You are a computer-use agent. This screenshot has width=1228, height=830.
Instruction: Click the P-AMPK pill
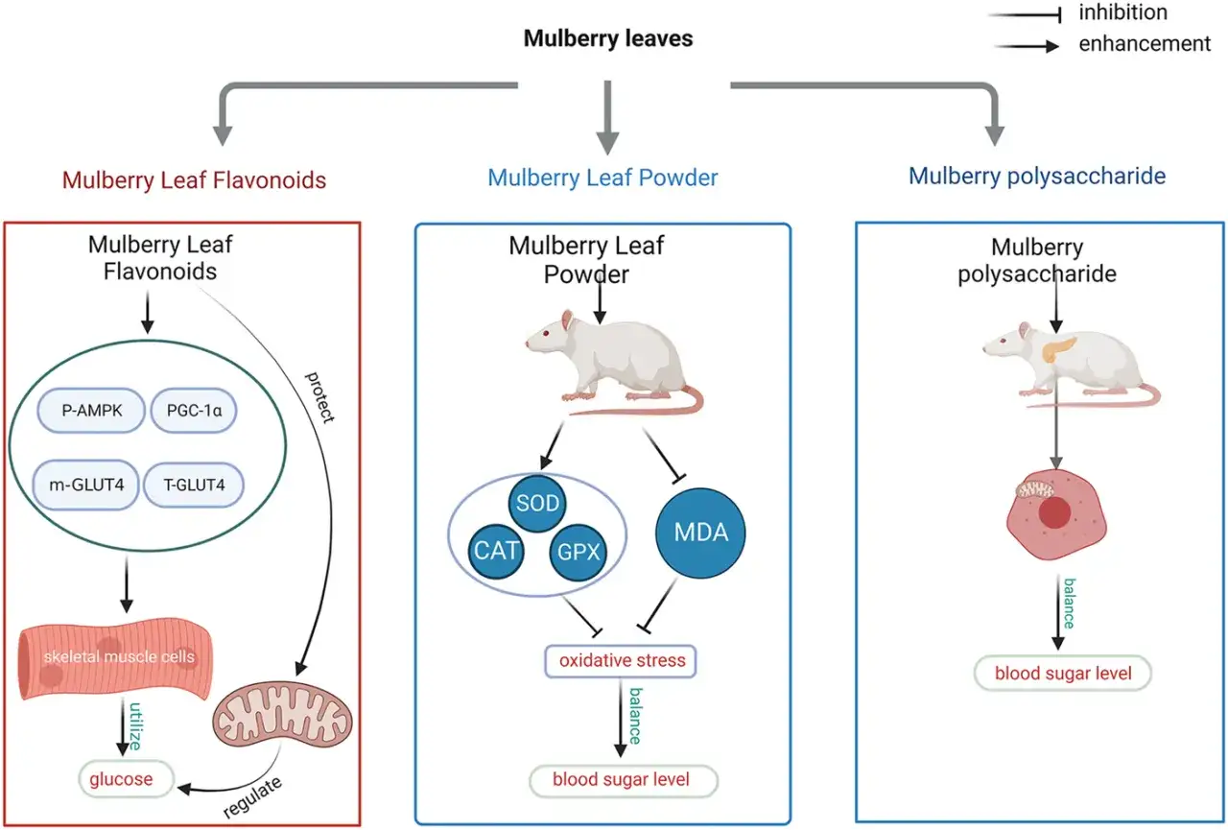pos(91,411)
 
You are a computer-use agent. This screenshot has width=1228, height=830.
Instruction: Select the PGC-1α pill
pos(194,411)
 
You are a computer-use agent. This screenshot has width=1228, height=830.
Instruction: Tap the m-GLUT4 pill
pos(86,485)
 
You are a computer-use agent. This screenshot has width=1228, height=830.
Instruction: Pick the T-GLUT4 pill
pos(194,485)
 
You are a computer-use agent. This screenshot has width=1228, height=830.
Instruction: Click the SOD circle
pos(537,503)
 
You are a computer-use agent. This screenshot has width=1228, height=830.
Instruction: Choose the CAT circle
pos(496,551)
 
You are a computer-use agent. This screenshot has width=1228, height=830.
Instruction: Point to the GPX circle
pos(579,552)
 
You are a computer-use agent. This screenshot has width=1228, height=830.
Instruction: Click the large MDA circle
pos(700,533)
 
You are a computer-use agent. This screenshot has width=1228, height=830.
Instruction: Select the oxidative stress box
pos(621,661)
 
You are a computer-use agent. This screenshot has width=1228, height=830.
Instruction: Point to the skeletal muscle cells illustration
pos(115,659)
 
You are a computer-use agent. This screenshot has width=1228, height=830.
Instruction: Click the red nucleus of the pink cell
pos(1054,513)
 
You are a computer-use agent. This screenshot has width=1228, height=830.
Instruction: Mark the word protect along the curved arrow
pos(319,397)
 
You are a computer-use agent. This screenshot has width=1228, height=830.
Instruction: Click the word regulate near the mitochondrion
pos(252,797)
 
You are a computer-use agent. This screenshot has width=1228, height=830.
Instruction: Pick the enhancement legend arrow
pos(1027,46)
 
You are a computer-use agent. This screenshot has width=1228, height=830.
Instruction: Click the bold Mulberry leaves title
pos(608,38)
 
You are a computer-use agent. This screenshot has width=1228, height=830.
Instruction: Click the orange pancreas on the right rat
pos(1057,349)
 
